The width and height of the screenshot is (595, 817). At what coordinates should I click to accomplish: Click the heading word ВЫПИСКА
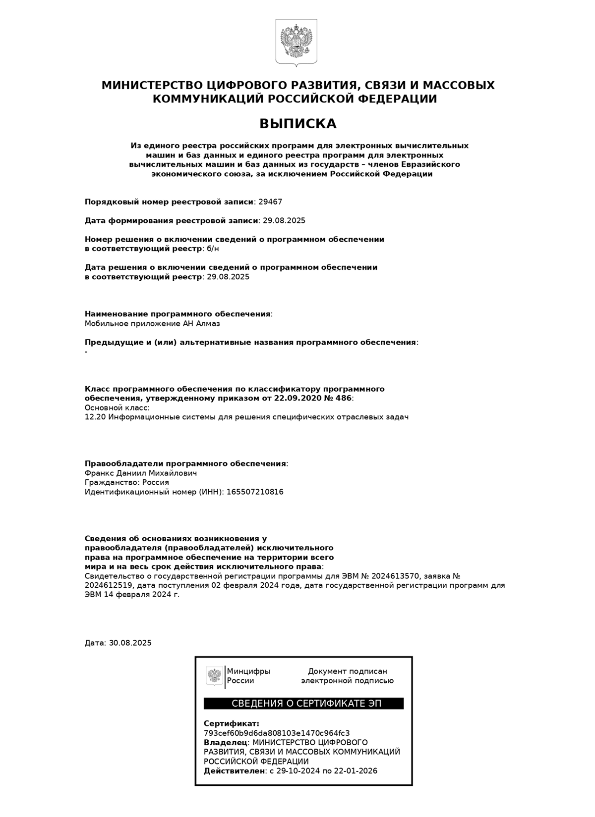[x=297, y=123]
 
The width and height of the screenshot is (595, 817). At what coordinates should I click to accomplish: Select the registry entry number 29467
[x=270, y=202]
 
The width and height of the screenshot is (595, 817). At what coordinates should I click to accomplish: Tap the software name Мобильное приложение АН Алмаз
[x=152, y=324]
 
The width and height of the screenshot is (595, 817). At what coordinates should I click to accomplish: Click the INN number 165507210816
[x=255, y=492]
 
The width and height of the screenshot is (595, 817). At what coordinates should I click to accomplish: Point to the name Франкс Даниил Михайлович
[x=141, y=473]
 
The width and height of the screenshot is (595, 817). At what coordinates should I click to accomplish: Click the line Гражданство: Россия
[x=127, y=483]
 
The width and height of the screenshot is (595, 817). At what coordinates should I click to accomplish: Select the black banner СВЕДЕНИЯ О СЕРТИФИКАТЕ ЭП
[x=303, y=704]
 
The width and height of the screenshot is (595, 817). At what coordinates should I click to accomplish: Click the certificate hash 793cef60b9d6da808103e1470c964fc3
[x=277, y=733]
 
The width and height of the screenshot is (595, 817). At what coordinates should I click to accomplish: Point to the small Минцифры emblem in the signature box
[x=214, y=676]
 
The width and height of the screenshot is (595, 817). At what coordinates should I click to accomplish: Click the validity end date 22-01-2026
[x=355, y=771]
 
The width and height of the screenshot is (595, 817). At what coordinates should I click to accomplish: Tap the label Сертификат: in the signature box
[x=232, y=724]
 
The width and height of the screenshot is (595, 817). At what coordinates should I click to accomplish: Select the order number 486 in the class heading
[x=344, y=399]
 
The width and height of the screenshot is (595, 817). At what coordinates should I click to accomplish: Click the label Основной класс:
[x=117, y=408]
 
